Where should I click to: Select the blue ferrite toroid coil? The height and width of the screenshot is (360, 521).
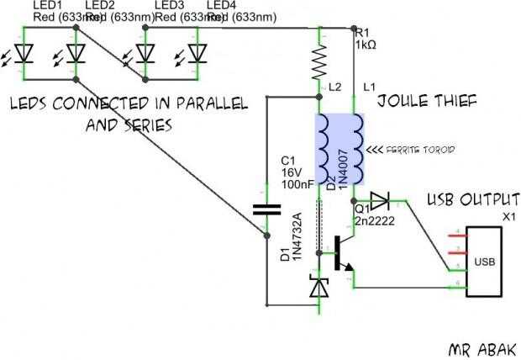pyautogui.click(x=340, y=149)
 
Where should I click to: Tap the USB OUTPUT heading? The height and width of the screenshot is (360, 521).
pyautogui.click(x=471, y=200)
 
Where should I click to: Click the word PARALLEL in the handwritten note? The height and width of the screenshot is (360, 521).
pyautogui.click(x=206, y=103)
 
